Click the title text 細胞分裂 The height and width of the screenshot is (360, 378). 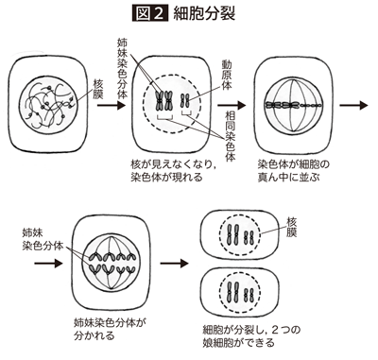tap(204, 13)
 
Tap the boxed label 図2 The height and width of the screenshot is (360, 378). tap(149, 13)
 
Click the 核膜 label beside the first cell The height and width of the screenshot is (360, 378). tap(98, 90)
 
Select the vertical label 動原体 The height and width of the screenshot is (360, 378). tap(227, 76)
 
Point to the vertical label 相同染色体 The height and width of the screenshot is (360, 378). tap(230, 136)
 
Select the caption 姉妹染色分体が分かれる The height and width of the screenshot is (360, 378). tap(111, 329)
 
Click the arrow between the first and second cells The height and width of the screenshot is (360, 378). tap(112, 105)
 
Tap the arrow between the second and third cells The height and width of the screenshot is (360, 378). tap(232, 105)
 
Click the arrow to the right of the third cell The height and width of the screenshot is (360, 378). tap(353, 105)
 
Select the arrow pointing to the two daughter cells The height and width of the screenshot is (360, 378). tap(174, 263)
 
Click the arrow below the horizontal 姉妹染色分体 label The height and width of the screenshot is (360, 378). tap(48, 263)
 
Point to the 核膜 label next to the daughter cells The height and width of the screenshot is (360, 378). tap(291, 227)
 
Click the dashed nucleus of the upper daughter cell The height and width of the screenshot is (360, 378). tap(219, 235)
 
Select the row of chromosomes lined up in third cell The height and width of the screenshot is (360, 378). tap(293, 105)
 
